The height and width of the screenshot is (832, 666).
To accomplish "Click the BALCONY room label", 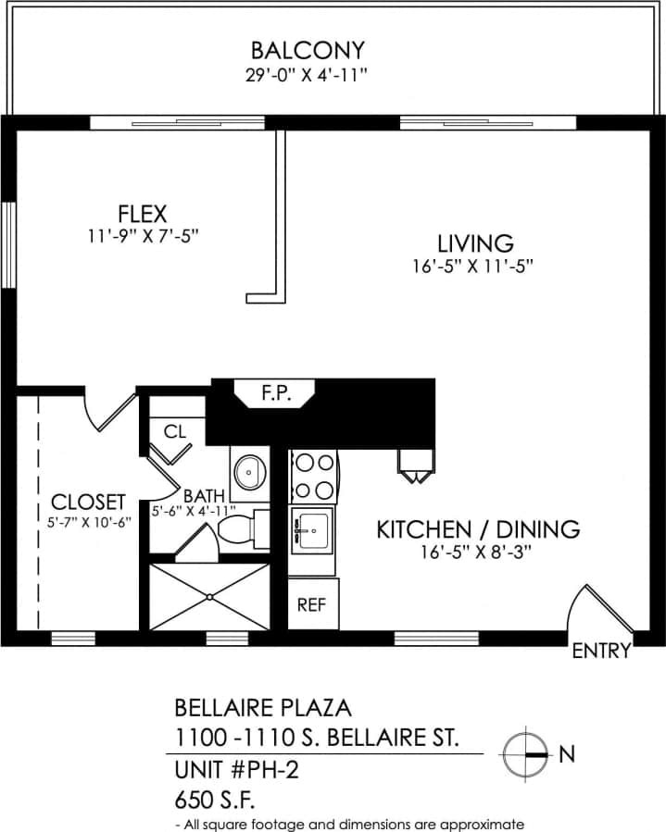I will pyautogui.click(x=308, y=49).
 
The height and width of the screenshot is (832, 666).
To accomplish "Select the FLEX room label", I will pyautogui.click(x=142, y=213).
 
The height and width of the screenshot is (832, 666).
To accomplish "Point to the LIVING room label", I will pyautogui.click(x=475, y=243).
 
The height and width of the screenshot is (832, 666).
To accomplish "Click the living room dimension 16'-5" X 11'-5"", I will pyautogui.click(x=475, y=266).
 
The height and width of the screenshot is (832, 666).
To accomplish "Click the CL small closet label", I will pyautogui.click(x=175, y=431).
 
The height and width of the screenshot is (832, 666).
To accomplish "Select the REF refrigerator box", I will pyautogui.click(x=313, y=605).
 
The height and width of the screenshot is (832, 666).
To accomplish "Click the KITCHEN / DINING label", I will pyautogui.click(x=477, y=529).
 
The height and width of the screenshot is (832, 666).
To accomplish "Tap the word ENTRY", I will pyautogui.click(x=601, y=651).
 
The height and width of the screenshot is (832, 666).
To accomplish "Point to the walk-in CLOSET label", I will pyautogui.click(x=88, y=502).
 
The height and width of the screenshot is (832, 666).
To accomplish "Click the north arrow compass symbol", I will pyautogui.click(x=526, y=754).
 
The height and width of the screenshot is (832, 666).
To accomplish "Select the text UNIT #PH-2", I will pyautogui.click(x=225, y=769).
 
